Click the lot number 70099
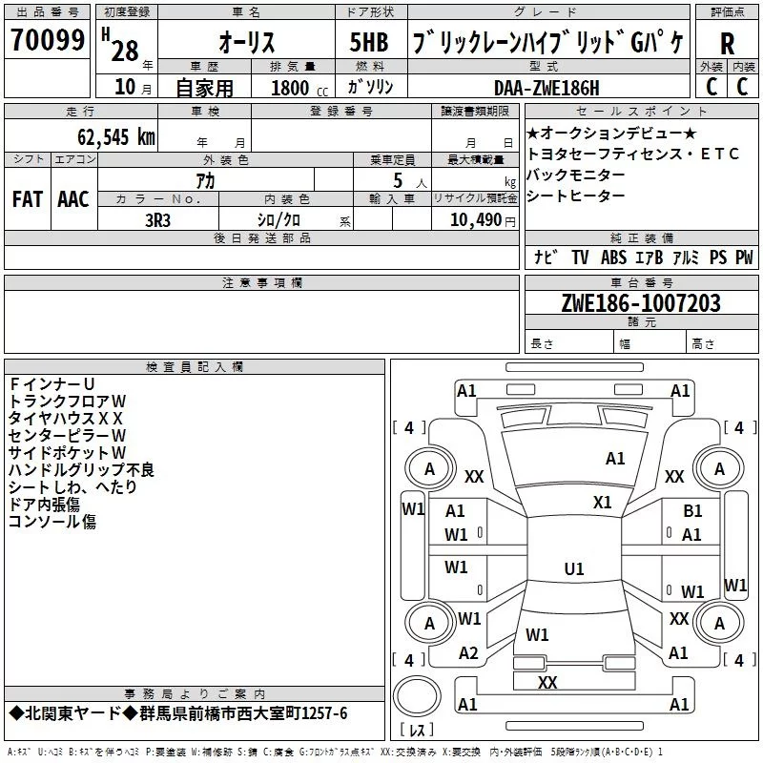(x=48, y=41)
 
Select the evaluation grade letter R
(x=727, y=44)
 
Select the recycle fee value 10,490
(x=474, y=219)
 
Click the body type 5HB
(x=368, y=43)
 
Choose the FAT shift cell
(x=27, y=199)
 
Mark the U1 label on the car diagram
(x=574, y=568)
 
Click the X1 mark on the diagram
(x=602, y=502)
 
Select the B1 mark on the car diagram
(x=692, y=511)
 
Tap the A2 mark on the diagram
(x=468, y=652)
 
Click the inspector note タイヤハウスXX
(x=66, y=418)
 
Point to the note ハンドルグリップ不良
(x=81, y=470)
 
